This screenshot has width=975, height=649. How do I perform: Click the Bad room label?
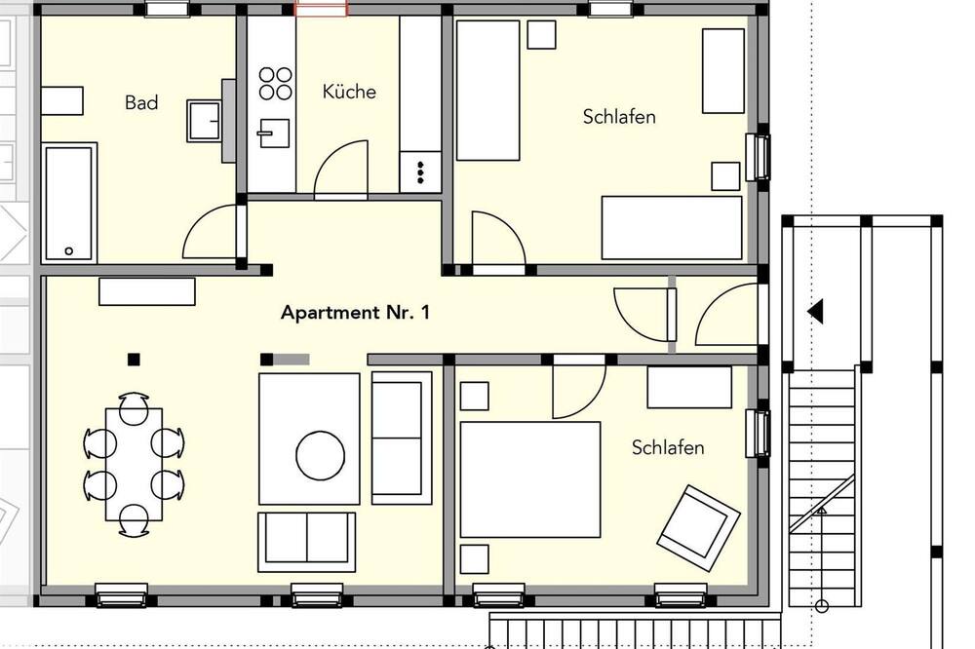point(141,102)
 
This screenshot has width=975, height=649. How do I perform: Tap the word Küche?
point(349,92)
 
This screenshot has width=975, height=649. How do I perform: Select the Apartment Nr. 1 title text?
point(355,312)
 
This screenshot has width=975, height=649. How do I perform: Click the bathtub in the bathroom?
point(69,203)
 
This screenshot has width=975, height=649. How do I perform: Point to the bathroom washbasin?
point(204,121)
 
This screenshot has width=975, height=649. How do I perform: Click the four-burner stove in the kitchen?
point(276,83)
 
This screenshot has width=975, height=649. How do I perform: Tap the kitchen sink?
point(274,134)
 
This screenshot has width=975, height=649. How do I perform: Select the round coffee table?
point(320,456)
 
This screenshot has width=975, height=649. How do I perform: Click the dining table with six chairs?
point(134,464)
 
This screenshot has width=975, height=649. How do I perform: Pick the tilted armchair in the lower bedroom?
point(698,527)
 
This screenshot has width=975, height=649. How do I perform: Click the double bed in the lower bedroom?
point(529,479)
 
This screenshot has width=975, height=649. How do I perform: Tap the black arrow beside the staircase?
point(815,311)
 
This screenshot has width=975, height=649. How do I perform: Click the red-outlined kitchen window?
point(321,8)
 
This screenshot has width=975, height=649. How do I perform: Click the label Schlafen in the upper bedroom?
point(619,117)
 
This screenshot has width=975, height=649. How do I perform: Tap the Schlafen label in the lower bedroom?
point(668,447)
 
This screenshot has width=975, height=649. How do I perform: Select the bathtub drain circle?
point(69,251)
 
